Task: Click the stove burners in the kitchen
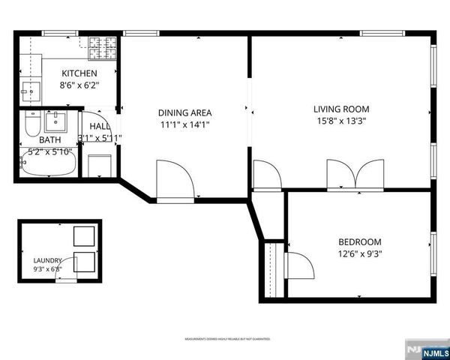point(103,49)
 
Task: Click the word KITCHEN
point(79,73)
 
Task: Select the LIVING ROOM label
point(341,109)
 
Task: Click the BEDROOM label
point(359,241)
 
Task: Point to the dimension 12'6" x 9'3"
point(359,253)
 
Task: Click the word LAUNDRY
point(46,260)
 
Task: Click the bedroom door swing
point(299,265)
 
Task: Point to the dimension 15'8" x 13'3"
point(341,121)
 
